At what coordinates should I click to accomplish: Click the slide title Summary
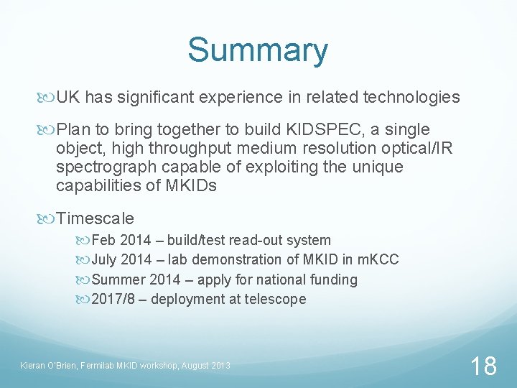(x=258, y=50)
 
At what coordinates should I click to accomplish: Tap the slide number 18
(x=483, y=366)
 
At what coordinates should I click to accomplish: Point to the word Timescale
(x=95, y=218)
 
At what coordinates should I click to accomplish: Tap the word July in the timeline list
(x=106, y=259)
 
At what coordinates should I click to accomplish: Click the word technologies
(x=411, y=97)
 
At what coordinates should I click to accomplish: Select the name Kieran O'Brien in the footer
(x=48, y=366)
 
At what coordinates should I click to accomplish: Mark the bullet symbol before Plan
(x=49, y=130)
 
